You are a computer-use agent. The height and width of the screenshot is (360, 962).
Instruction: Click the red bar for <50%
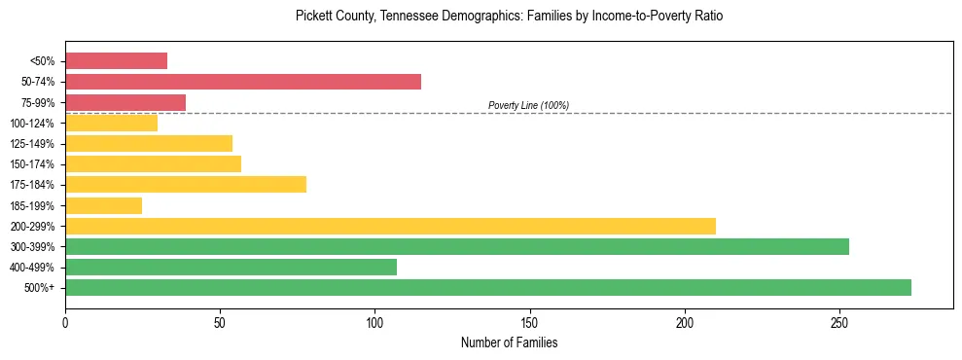pos(116,61)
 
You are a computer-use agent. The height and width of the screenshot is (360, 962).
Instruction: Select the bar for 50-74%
pos(243,82)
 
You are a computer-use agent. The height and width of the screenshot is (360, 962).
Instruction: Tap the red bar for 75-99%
pos(125,102)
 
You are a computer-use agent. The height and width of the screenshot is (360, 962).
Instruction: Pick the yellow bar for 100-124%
pos(111,123)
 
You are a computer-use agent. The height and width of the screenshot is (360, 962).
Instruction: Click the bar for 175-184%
pos(186,185)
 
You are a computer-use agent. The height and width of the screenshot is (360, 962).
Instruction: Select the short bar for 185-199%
pos(103,205)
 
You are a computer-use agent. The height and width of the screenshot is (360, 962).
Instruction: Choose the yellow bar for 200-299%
pos(390,226)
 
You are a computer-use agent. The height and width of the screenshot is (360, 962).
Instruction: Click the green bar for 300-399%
pos(457,246)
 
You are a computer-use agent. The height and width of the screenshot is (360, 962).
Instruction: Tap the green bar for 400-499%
pos(231,267)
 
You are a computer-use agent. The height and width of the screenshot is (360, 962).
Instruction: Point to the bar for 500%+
pos(488,287)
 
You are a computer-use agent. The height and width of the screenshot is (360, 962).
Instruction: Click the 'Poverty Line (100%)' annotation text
pos(528,105)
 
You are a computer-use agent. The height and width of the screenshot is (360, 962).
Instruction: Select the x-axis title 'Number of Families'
pos(509,342)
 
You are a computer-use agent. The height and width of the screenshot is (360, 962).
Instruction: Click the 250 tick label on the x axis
pos(839,321)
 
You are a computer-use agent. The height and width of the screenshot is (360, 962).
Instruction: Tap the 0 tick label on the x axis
pos(65,321)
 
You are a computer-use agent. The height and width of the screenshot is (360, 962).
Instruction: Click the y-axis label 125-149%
pos(33,144)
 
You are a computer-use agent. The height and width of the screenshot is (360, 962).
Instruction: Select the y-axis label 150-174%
pos(33,164)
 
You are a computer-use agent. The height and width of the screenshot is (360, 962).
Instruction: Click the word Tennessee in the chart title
pos(403,17)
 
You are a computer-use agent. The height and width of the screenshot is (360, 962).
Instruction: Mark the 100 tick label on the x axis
pos(375,321)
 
